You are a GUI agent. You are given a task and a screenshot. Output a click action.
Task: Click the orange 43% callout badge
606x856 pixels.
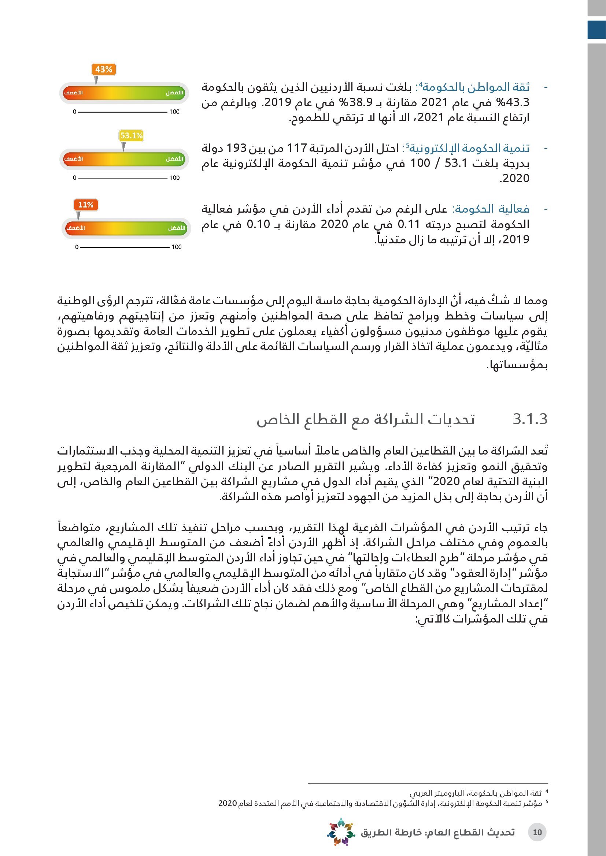point(103,69)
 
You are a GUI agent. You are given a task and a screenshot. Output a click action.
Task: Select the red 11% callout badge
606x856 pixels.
point(85,205)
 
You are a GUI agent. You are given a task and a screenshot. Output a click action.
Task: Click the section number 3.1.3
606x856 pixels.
point(530,419)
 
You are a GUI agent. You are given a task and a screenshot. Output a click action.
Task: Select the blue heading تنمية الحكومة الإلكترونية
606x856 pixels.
point(469,148)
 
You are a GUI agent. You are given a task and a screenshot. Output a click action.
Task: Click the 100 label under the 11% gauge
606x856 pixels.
point(177,247)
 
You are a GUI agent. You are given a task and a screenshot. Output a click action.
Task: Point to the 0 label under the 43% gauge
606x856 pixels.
point(75,112)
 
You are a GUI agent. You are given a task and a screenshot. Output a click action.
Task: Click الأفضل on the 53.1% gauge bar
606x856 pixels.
point(175,159)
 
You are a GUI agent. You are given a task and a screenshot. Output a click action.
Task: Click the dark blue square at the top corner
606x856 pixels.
point(596,30)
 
